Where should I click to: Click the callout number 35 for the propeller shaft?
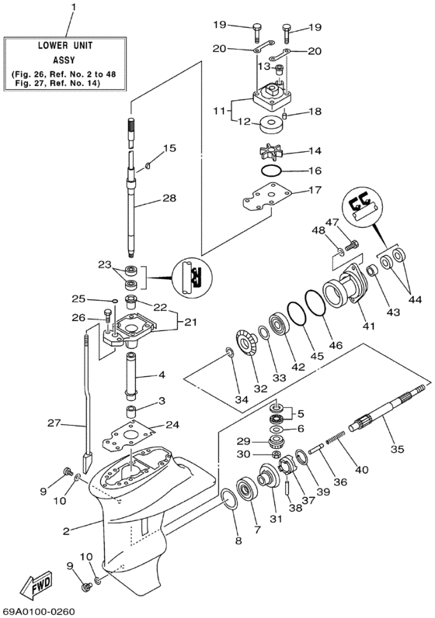tap(396, 447)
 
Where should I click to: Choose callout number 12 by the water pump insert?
tap(245, 121)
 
